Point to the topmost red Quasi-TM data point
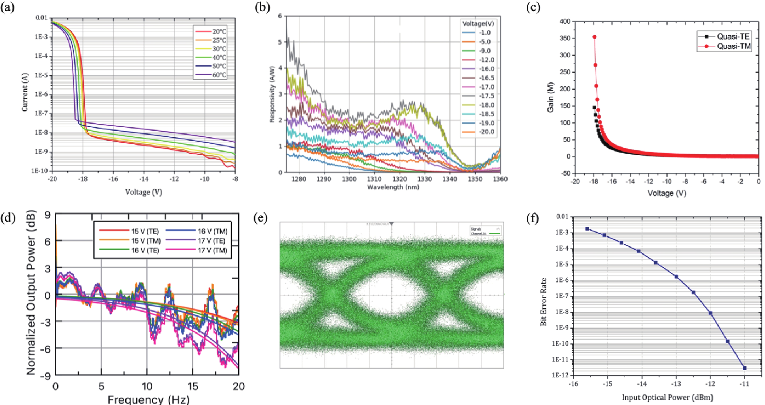[595, 37]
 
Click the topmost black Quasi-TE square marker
[594, 108]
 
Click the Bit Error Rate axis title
[544, 302]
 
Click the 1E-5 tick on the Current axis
[41, 76]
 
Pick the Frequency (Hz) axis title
[148, 399]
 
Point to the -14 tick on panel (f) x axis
[642, 384]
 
